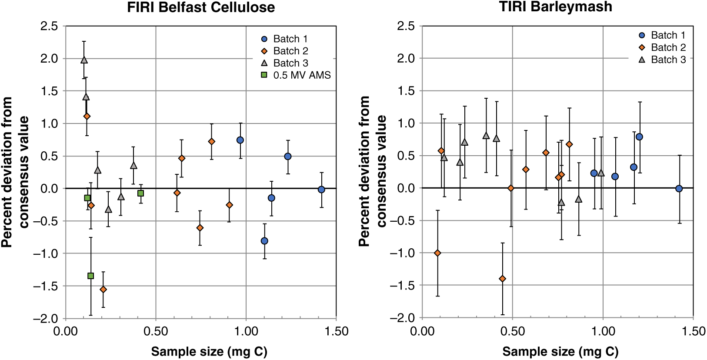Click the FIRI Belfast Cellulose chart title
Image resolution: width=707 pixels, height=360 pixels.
click(x=201, y=7)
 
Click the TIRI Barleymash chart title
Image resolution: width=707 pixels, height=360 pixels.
click(x=556, y=7)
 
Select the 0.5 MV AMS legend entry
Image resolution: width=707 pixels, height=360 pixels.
click(x=296, y=75)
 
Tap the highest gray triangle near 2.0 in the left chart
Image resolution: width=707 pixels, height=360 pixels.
click(x=84, y=60)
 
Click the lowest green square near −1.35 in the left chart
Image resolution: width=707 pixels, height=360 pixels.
click(x=91, y=276)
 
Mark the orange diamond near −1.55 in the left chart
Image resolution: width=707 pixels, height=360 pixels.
click(x=103, y=289)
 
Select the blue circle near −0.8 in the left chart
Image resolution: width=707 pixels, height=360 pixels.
click(x=264, y=241)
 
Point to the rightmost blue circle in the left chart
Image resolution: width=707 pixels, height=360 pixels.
click(x=321, y=190)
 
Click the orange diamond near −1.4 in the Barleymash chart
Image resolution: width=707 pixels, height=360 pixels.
click(x=503, y=279)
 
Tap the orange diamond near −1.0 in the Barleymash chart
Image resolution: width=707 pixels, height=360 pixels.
click(x=437, y=253)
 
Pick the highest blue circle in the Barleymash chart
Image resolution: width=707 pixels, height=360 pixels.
click(x=639, y=137)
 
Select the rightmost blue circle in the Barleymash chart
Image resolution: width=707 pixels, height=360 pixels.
click(x=679, y=189)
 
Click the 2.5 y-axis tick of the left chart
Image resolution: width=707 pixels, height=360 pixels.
click(x=49, y=26)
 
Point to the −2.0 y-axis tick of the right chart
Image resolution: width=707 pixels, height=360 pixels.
click(x=402, y=318)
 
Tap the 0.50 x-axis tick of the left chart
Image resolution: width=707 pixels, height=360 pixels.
click(x=156, y=331)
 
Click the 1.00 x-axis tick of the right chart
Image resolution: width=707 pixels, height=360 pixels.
click(x=603, y=331)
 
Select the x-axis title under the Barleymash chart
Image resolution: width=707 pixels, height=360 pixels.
click(x=560, y=351)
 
